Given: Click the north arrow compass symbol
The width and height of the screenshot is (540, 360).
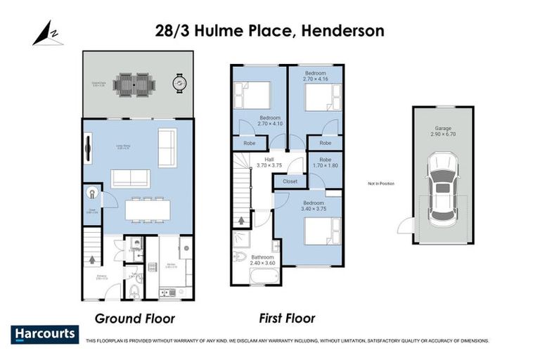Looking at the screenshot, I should (x=47, y=34).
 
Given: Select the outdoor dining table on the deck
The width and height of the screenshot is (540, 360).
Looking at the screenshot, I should (x=134, y=84).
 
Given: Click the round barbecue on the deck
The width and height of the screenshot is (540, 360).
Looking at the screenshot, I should (x=181, y=84).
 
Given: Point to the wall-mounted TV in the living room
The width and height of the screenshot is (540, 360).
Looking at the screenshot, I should (x=88, y=147).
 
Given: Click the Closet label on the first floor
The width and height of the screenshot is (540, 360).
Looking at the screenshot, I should (x=290, y=181).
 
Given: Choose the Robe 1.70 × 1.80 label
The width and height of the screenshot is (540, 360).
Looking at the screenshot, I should (x=326, y=162).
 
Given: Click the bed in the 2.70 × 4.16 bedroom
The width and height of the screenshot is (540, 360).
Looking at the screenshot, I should (x=322, y=98).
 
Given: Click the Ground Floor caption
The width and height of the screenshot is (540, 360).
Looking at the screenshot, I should (x=134, y=317).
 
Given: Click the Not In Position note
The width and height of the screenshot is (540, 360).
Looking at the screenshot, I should (x=380, y=184).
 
